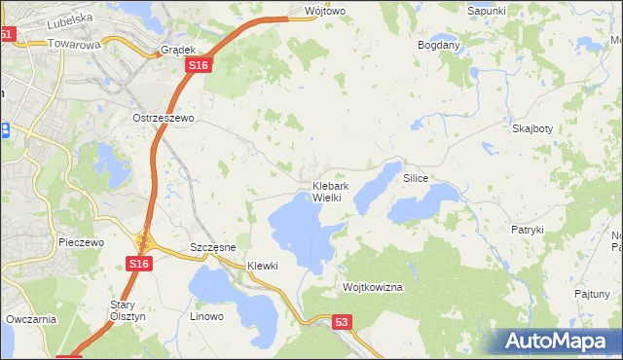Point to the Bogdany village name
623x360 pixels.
click(x=438, y=45)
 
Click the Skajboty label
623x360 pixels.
click(x=532, y=128)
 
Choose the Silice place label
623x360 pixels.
click(x=416, y=179)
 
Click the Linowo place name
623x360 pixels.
click(x=206, y=316)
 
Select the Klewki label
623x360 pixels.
click(x=263, y=266)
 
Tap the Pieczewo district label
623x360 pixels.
click(x=81, y=242)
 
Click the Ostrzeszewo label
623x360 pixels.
click(x=164, y=118)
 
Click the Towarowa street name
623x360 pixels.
click(x=74, y=45)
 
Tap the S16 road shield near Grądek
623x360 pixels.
click(x=198, y=64)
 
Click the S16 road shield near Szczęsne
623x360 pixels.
click(x=138, y=264)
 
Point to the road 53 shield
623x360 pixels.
click(x=341, y=321)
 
